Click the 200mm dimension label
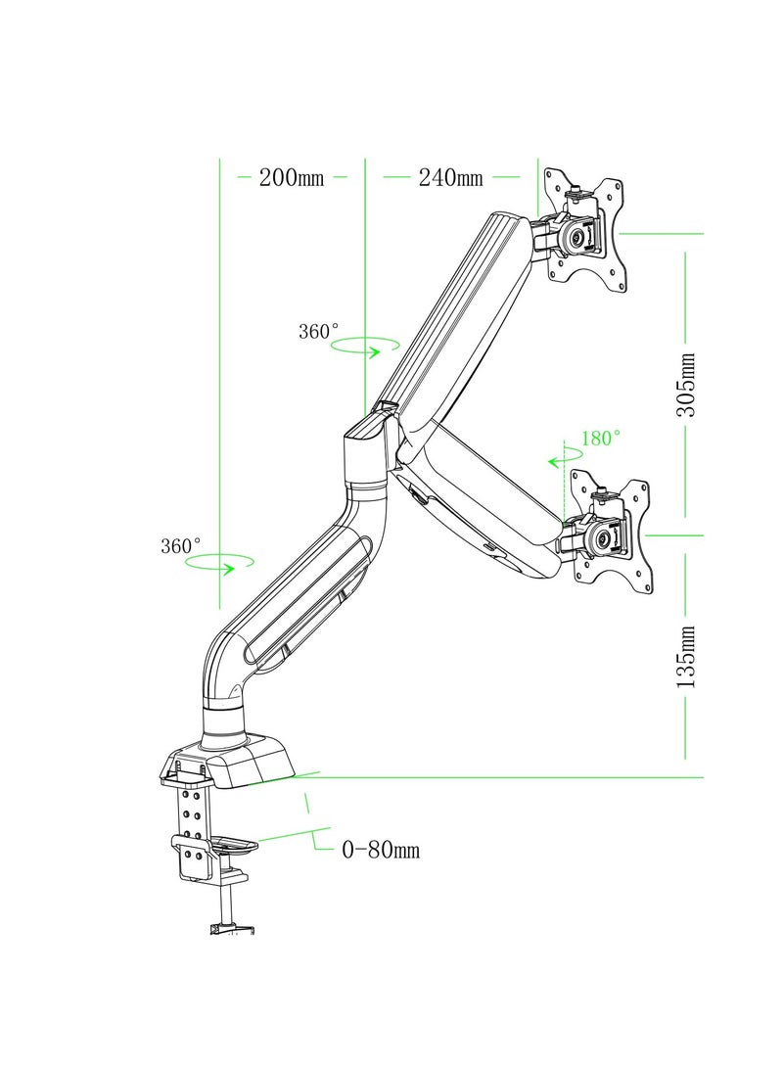click(x=292, y=178)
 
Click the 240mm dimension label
click(x=450, y=178)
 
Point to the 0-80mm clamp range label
click(x=381, y=850)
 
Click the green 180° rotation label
click(x=601, y=439)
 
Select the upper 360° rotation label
click(x=319, y=332)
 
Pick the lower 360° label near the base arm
click(x=181, y=546)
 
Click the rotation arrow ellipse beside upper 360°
click(x=366, y=345)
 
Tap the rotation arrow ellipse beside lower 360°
click(x=220, y=562)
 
